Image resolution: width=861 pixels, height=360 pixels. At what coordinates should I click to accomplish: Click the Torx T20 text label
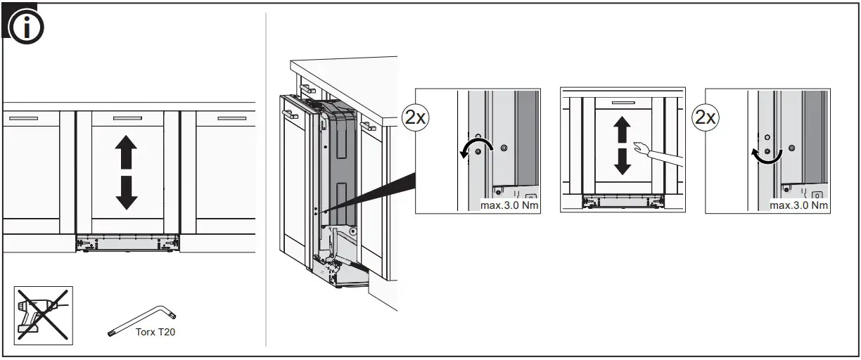(x=155, y=332)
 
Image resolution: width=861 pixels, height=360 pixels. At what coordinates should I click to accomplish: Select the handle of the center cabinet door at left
(x=127, y=118)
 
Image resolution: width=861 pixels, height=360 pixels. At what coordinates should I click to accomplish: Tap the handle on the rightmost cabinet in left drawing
(x=231, y=118)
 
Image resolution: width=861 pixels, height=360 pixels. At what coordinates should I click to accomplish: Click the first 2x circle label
(x=415, y=117)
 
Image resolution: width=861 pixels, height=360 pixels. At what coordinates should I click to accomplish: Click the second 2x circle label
(x=705, y=117)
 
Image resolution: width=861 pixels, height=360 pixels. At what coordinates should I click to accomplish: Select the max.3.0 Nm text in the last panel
(x=799, y=205)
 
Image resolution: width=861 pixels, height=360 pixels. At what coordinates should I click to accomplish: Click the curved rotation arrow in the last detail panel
(x=765, y=155)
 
